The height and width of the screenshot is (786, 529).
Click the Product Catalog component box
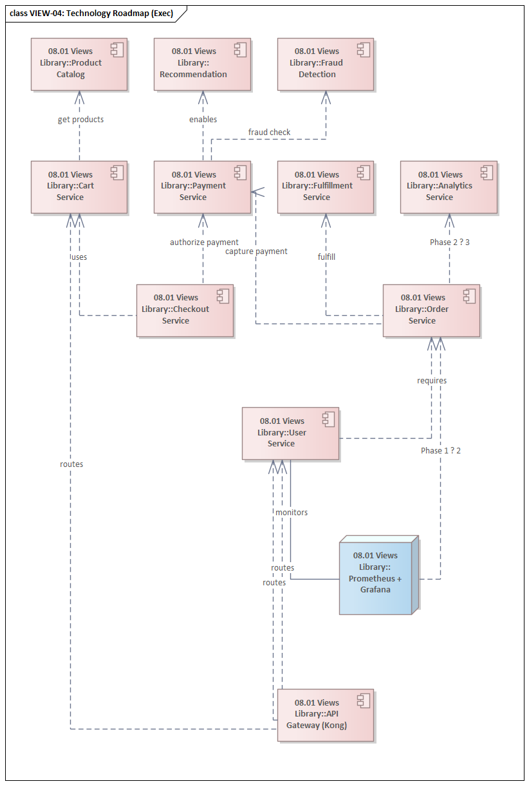[x=79, y=64]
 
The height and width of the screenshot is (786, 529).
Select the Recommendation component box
[x=202, y=64]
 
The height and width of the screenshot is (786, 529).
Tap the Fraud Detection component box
[x=326, y=64]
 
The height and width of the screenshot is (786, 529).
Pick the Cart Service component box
[x=79, y=187]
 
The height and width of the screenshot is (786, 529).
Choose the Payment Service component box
[x=202, y=187]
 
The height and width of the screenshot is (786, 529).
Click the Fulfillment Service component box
[x=326, y=187]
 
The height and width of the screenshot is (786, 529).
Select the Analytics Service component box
[x=449, y=187]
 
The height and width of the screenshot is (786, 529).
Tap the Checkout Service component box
[x=185, y=310]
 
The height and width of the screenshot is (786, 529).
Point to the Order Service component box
[x=431, y=310]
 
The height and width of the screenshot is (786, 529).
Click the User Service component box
[x=290, y=433]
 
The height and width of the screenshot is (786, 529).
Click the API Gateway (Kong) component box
[x=326, y=715]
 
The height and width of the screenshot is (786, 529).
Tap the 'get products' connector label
[x=80, y=120]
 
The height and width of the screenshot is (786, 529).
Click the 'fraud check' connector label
[x=269, y=133]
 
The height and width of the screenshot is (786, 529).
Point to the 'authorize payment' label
[x=204, y=242]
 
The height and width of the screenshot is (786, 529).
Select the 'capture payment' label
[x=256, y=251]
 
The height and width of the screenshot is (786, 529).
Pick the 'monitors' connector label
[x=292, y=513]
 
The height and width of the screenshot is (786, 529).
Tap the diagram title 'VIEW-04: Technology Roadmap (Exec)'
[x=91, y=14]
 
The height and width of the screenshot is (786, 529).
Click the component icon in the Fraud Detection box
[x=364, y=50]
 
